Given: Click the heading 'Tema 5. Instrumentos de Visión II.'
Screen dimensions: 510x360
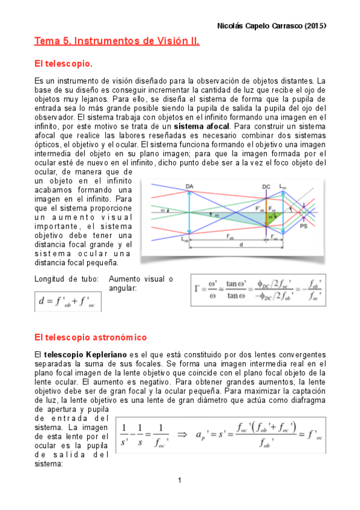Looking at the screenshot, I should pos(117,42).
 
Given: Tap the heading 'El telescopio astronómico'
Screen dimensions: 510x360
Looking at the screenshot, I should pos(91,337).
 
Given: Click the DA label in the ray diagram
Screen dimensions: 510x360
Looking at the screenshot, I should pos(190,186).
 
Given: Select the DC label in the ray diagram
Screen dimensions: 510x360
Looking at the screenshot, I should pos(266,186).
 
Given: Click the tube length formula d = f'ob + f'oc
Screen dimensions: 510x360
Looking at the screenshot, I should pos(67,300).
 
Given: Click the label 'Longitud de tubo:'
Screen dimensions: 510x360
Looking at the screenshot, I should pos(62,279).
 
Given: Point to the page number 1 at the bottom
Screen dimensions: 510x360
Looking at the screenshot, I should pos(180,480).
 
